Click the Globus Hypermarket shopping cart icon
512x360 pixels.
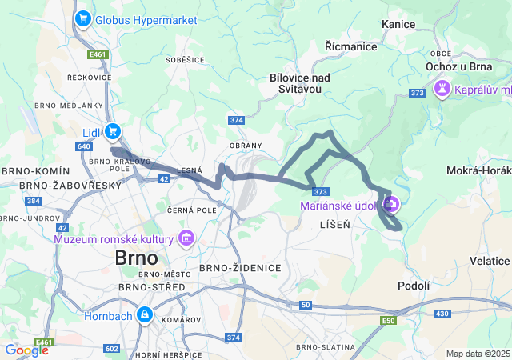(82, 18)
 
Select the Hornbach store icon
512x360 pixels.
(144, 315)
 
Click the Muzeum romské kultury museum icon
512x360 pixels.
(186, 238)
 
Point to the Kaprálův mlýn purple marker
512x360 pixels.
(441, 88)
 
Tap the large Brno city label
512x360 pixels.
(138, 258)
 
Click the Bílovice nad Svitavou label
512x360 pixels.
(300, 83)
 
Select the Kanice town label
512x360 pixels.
(398, 25)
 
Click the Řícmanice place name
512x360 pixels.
(350, 47)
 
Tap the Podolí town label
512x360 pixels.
(414, 286)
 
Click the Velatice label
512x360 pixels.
(490, 261)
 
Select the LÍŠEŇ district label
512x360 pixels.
(334, 226)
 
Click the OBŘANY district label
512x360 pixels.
(246, 146)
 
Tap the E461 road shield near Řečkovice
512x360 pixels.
(98, 54)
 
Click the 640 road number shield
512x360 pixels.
(86, 146)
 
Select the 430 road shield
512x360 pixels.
(442, 313)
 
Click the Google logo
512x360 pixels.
(26, 350)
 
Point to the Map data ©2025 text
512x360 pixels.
(478, 354)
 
